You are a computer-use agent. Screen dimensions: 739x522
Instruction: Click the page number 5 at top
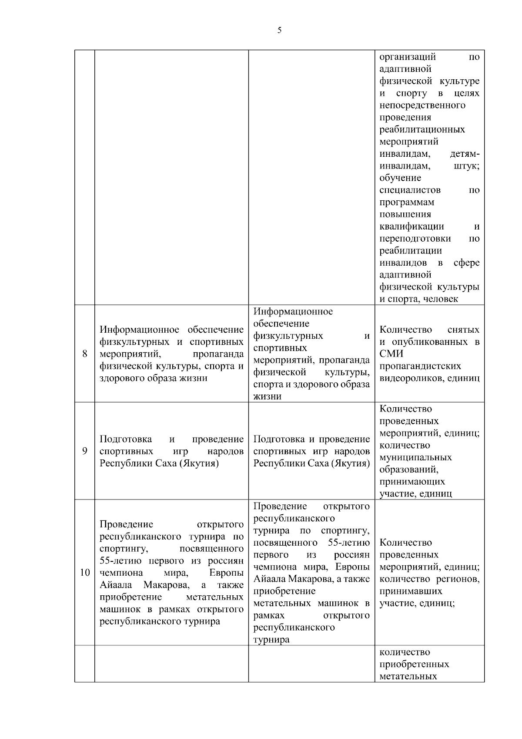[x=279, y=30]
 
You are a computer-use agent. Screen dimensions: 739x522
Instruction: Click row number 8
[x=85, y=354]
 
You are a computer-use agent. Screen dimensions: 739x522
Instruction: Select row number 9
[x=85, y=451]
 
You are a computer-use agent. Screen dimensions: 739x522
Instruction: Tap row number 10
[x=85, y=572]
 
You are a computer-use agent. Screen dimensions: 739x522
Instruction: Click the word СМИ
[x=391, y=354]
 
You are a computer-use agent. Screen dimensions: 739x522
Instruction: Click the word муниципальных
[x=415, y=458]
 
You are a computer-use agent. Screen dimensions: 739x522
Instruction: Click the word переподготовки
[x=415, y=239]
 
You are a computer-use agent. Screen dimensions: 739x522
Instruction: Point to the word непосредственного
[x=422, y=105]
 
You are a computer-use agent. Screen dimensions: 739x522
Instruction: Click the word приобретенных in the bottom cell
[x=414, y=665]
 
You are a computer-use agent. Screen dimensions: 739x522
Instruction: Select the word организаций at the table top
[x=408, y=57]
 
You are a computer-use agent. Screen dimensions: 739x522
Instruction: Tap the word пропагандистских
[x=420, y=366]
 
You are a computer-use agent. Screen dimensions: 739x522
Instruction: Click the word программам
[x=407, y=202]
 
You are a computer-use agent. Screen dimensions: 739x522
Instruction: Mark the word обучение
[x=400, y=178]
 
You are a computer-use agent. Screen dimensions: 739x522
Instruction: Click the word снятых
[x=463, y=330]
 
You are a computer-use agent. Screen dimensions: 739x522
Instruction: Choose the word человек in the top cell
[x=440, y=299]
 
